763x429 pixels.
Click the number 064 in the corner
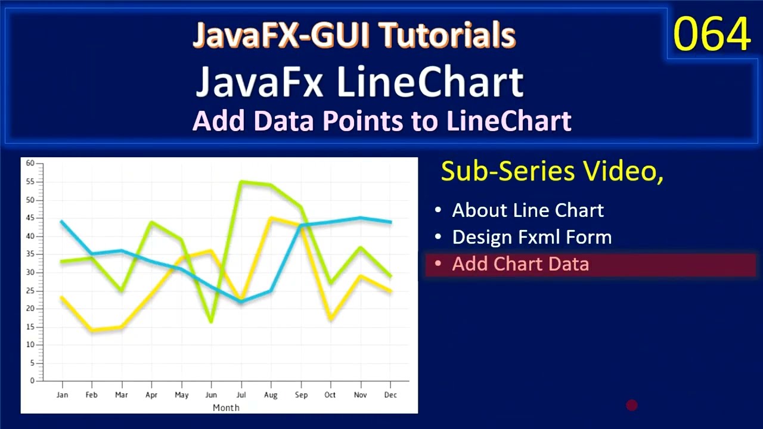pos(712,35)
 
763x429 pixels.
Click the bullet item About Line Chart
pos(528,210)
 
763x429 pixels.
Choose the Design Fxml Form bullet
pos(532,237)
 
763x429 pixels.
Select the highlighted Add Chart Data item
pos(520,264)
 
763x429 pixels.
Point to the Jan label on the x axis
pos(62,395)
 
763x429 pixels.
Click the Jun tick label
pos(211,395)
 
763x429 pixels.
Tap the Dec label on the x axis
pos(390,395)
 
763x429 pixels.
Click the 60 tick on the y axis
pos(30,163)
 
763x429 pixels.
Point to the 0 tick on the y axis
pos(33,381)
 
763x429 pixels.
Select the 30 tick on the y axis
pos(30,272)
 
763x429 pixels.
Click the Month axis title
pos(226,408)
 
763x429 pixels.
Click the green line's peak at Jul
pos(241,182)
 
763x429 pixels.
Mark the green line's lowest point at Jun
pos(211,322)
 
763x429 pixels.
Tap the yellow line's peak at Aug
pos(271,218)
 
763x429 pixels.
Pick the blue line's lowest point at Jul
pos(241,301)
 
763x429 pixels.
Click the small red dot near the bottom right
pos(632,406)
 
